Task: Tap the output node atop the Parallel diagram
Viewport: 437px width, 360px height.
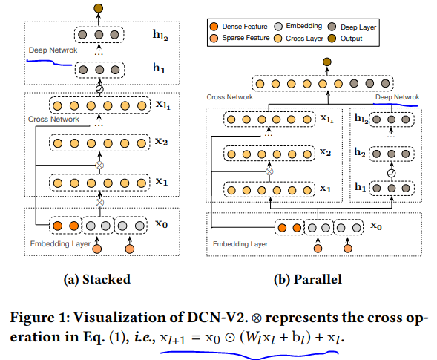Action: [326, 62]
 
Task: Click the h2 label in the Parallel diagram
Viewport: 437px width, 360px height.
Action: [358, 152]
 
